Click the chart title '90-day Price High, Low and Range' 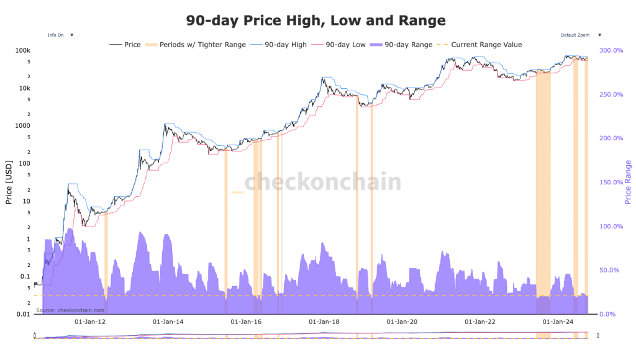[x=316, y=20]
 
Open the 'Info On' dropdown [x=60, y=35]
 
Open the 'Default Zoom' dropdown [x=580, y=35]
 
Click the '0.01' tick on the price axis [x=24, y=314]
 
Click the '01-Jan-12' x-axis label [x=90, y=322]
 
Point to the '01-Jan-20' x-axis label [x=402, y=322]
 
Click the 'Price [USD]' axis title [x=9, y=182]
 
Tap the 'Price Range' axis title [x=628, y=182]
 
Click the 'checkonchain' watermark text [x=322, y=182]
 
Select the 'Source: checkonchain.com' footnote [x=70, y=310]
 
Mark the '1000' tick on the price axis [x=23, y=125]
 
